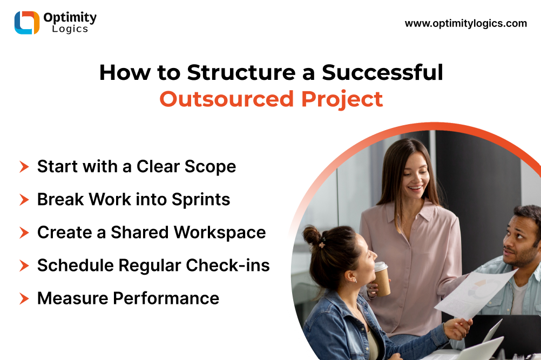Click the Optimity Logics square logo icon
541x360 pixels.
pos(27,23)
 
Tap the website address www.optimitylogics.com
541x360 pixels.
pos(466,23)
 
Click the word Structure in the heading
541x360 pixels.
pos(241,72)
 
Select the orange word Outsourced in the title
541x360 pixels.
pos(226,99)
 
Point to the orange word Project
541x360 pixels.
pos(342,100)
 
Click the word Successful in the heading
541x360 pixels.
pos(382,72)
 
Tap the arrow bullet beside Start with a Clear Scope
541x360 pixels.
pos(24,167)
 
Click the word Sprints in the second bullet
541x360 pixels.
pos(201,200)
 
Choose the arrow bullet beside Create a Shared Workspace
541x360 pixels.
pos(24,233)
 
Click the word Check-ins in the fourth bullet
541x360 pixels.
pos(228,266)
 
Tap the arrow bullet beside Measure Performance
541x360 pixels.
pos(24,298)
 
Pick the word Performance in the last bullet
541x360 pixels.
pos(166,298)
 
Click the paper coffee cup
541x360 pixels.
pos(382,279)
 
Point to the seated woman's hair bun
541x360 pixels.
pos(312,235)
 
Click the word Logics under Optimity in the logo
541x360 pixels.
pos(70,29)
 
